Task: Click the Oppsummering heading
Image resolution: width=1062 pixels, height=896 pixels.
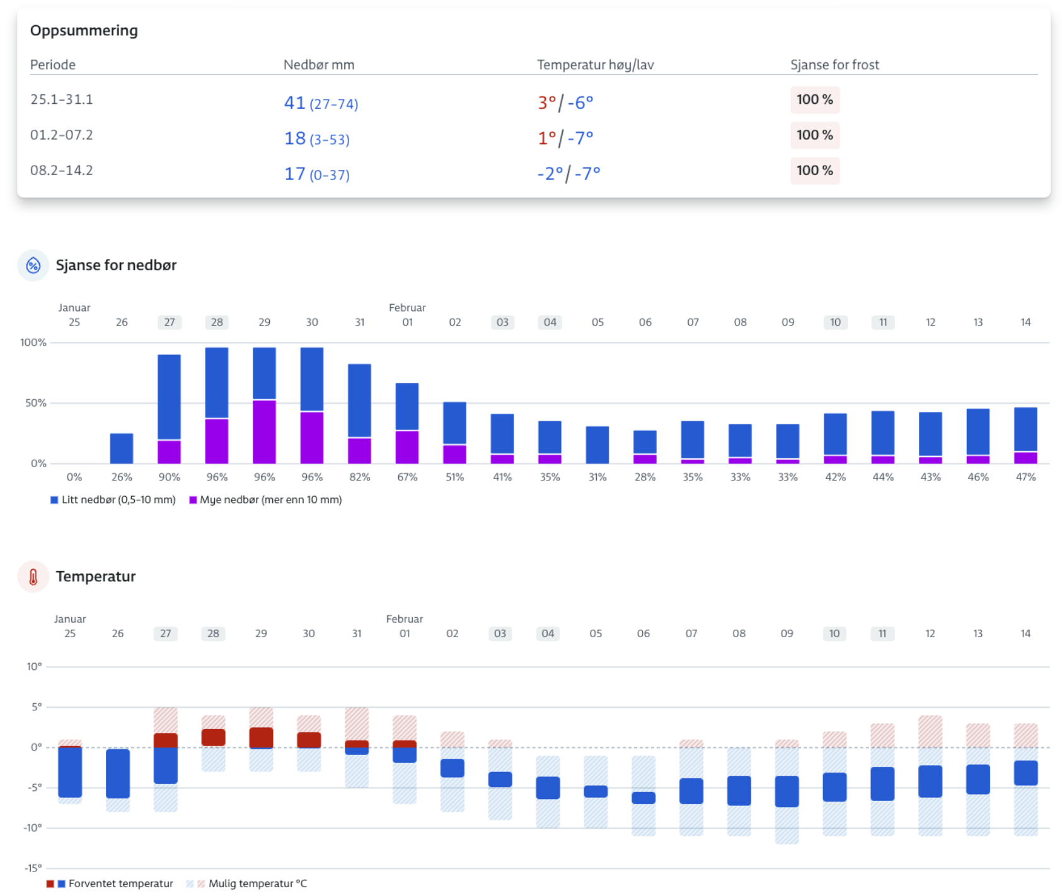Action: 84,30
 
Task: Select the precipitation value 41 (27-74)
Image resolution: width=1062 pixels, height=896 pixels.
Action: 321,103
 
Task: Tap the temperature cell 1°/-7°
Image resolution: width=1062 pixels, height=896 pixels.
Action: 565,138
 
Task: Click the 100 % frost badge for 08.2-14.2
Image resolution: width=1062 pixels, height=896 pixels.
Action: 814,171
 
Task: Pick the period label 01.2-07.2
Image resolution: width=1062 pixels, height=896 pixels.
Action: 62,135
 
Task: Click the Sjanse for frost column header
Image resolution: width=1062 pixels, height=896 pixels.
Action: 834,65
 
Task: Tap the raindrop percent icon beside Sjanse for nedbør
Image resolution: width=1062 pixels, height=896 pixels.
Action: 33,266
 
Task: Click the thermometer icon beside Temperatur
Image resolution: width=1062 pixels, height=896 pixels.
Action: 33,577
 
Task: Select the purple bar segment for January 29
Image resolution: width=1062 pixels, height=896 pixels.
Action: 264,431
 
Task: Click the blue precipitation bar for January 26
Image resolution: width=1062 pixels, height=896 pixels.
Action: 122,448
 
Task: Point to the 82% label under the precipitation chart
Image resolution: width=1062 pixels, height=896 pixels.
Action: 359,477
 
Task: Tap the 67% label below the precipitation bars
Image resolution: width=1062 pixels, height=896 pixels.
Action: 407,477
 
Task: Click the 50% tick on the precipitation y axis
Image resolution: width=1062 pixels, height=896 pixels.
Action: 35,403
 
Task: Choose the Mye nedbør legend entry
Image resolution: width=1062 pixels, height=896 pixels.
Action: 266,500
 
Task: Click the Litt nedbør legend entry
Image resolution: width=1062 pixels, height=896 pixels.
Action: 113,500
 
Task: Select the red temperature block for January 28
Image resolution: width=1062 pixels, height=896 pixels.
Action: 214,737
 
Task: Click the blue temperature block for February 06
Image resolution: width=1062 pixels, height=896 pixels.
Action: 644,798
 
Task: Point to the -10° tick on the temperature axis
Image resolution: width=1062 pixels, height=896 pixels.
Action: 33,828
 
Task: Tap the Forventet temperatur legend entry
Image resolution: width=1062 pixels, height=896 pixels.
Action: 110,883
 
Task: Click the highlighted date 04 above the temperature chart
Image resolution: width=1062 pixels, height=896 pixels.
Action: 548,633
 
